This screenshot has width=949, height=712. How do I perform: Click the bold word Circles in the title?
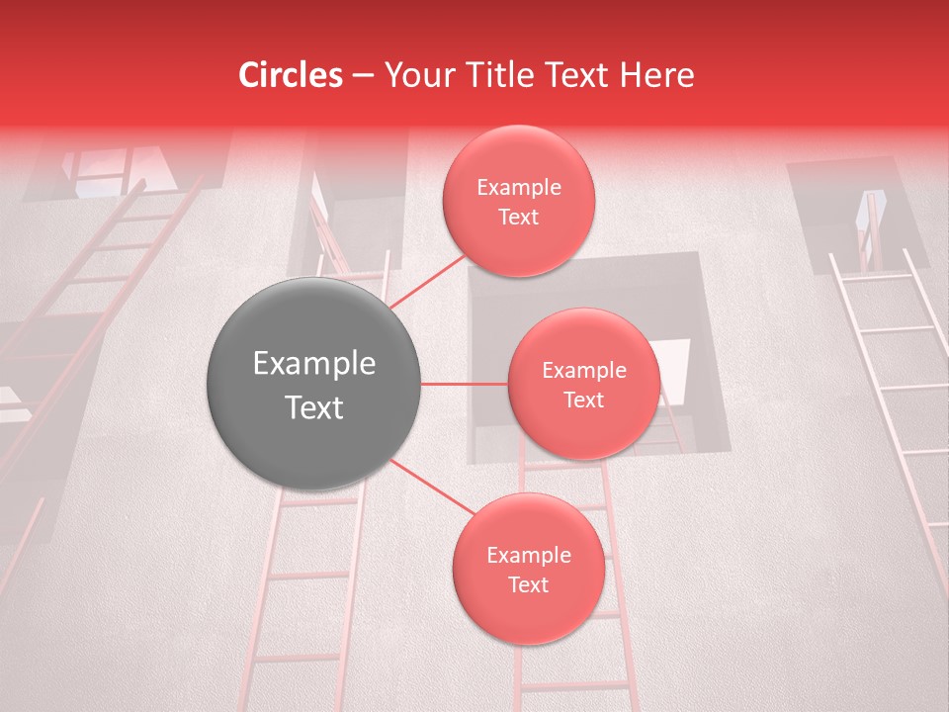(x=291, y=75)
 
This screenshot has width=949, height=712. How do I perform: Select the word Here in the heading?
(x=658, y=75)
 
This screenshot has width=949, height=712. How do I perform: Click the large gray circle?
(x=314, y=384)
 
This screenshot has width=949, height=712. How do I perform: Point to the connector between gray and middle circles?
(x=464, y=384)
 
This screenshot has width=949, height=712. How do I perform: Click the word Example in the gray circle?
(x=314, y=364)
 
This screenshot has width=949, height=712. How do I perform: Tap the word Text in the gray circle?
(x=314, y=406)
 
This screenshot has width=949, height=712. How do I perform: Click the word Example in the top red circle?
(x=519, y=188)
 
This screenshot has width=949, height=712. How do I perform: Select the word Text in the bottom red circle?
(x=528, y=584)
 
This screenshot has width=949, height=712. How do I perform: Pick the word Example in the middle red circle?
(x=583, y=371)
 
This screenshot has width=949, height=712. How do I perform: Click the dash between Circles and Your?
(x=363, y=76)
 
